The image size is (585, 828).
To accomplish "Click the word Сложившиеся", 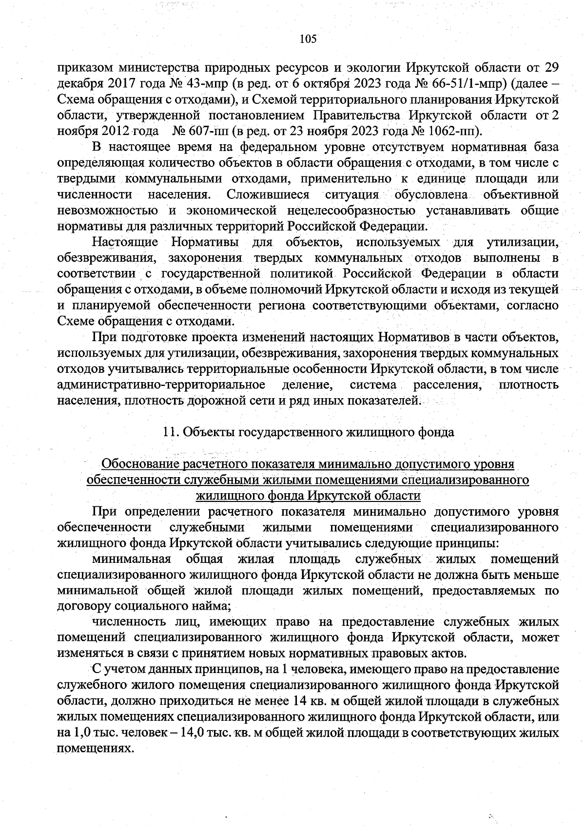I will [268, 194].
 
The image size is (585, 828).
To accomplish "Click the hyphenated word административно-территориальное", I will [161, 385].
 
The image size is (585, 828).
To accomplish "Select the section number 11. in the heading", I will [170, 432].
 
